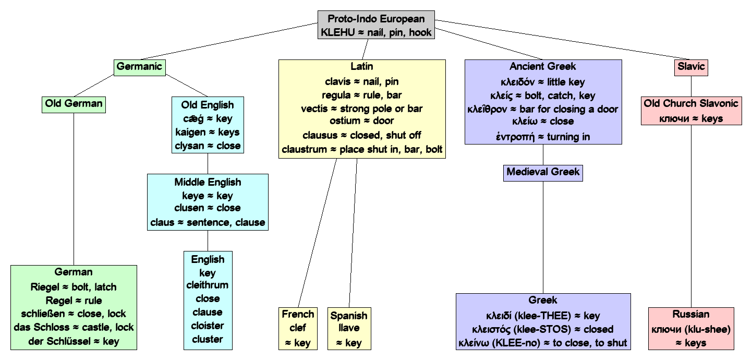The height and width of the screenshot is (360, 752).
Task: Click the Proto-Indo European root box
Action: [376, 26]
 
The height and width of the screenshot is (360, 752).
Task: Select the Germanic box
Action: [139, 67]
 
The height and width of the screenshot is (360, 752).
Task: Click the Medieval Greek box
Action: [543, 173]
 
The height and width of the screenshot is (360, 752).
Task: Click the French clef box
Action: [298, 328]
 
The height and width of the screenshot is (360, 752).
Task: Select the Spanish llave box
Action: [349, 329]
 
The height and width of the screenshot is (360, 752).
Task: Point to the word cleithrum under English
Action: [208, 285]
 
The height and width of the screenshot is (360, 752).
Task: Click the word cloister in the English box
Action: [208, 326]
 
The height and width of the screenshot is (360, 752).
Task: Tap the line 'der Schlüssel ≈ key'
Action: [74, 341]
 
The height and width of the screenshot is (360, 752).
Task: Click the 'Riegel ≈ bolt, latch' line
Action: [74, 287]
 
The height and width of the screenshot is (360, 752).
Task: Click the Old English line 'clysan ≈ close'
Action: [208, 146]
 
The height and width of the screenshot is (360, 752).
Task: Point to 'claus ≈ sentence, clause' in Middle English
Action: [208, 223]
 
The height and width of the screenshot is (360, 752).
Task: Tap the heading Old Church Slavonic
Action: [691, 103]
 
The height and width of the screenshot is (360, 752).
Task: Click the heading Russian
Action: [691, 314]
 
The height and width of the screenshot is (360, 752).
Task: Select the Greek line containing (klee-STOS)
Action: [543, 329]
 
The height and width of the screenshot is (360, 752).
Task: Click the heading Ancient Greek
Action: [543, 67]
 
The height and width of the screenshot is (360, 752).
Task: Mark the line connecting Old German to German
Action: [74, 188]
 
